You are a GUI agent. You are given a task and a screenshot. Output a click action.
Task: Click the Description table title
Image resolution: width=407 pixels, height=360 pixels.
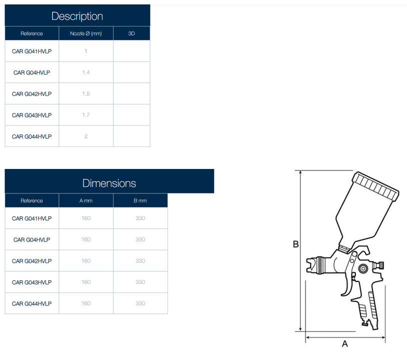(77, 16)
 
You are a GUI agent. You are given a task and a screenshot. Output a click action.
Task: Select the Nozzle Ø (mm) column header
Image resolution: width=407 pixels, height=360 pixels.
(86, 33)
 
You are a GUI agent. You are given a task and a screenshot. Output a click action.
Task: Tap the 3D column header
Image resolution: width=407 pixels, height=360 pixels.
(131, 33)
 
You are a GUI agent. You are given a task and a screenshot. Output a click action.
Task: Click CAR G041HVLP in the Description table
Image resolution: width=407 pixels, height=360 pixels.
(31, 51)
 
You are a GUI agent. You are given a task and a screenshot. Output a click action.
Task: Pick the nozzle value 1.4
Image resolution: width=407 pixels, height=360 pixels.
(86, 72)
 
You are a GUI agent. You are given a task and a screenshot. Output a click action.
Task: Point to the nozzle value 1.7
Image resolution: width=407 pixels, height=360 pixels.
(86, 115)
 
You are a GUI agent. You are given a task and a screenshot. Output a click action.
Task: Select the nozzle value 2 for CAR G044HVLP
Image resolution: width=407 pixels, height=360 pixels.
(86, 136)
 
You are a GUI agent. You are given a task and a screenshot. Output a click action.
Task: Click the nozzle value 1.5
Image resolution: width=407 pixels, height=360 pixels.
(86, 93)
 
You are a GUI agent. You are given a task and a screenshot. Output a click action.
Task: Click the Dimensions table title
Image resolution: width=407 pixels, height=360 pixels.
(109, 183)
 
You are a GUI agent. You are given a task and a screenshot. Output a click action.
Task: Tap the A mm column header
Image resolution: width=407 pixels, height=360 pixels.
(86, 200)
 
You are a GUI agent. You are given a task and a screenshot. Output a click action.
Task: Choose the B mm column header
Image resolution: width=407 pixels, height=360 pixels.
(140, 200)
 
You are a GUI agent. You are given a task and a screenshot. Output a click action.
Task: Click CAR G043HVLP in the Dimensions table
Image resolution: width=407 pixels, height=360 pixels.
(31, 282)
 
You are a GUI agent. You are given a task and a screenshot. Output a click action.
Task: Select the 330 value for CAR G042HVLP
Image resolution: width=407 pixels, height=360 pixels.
(140, 261)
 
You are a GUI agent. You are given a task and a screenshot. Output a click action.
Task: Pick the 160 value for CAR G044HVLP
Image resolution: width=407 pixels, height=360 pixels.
(86, 303)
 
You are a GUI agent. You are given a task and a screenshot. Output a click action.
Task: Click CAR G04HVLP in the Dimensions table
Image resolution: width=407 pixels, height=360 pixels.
(31, 239)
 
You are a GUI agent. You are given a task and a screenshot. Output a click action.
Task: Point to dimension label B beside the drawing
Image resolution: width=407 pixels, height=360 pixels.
(295, 244)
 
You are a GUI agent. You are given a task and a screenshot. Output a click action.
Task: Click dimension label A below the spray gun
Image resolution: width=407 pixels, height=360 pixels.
(344, 343)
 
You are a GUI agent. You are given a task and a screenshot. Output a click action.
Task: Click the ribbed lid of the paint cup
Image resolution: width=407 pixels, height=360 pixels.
(375, 186)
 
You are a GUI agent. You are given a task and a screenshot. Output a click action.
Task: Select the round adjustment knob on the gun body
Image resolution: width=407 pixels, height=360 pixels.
(363, 268)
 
